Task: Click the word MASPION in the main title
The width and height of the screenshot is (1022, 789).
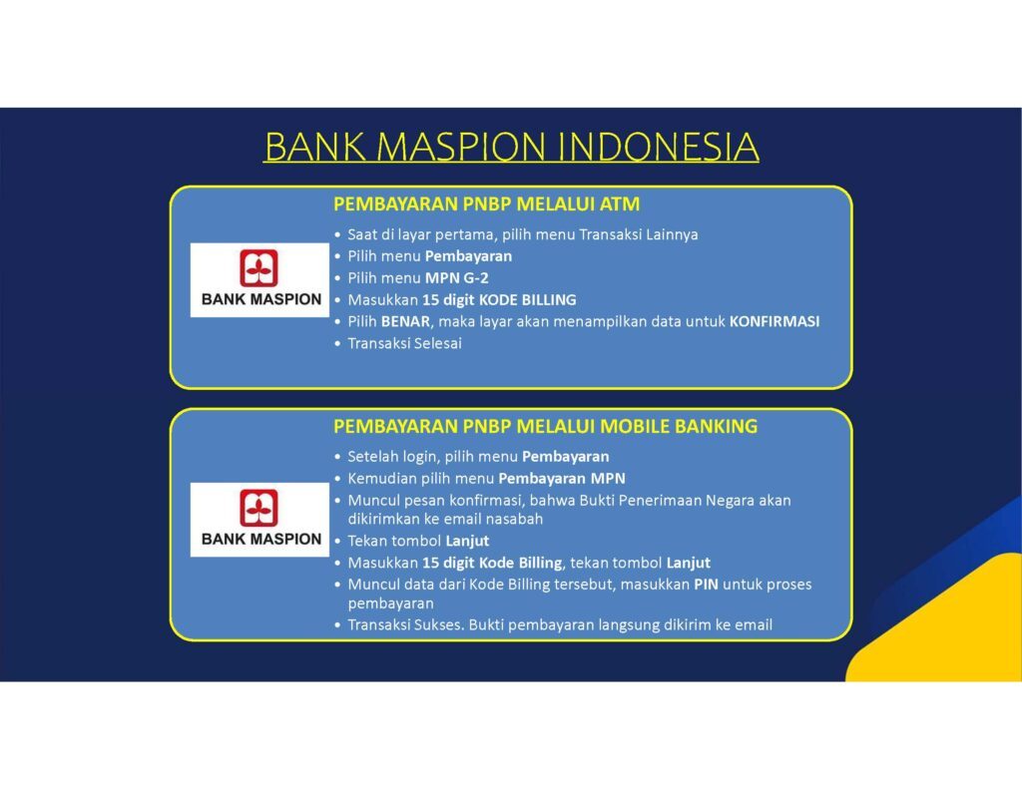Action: coord(461,147)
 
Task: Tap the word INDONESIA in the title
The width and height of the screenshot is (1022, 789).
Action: coord(659,147)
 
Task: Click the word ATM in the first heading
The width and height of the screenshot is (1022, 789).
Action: coord(619,203)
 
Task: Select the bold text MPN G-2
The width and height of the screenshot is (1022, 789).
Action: coord(456,278)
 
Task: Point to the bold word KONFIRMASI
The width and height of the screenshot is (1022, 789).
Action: coord(774,321)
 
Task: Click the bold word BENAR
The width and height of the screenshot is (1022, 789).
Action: coord(405,321)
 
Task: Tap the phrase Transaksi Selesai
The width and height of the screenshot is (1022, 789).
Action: coord(405,343)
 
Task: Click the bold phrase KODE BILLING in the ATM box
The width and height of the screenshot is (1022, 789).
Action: coord(527,299)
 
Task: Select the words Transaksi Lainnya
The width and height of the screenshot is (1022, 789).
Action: coord(638,234)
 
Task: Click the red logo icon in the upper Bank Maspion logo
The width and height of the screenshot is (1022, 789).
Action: coord(258,267)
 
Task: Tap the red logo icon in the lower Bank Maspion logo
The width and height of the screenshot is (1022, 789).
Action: coord(258,508)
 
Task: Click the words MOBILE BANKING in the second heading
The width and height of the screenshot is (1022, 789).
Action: coord(679,426)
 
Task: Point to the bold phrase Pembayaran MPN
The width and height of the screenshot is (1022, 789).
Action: coord(562,478)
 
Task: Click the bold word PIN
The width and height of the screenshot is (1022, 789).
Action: coord(706,585)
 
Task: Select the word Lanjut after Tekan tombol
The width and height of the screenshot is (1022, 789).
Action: coord(467,541)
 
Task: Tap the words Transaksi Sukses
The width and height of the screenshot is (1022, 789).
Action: coord(406,624)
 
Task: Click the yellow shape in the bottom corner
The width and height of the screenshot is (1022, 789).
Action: coord(945,625)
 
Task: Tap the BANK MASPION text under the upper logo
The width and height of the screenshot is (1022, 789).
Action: coord(261,299)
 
